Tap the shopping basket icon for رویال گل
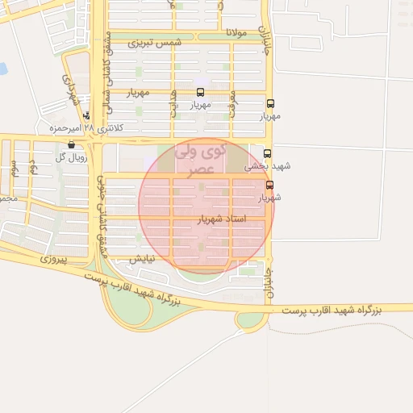pyautogui.click(x=72, y=145)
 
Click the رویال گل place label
pyautogui.click(x=71, y=157)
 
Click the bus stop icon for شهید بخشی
pyautogui.click(x=268, y=153)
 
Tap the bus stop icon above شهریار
pyautogui.click(x=269, y=185)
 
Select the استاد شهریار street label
pyautogui.click(x=220, y=219)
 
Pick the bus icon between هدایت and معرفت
pyautogui.click(x=200, y=92)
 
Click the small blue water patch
pyautogui.click(x=2, y=69)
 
